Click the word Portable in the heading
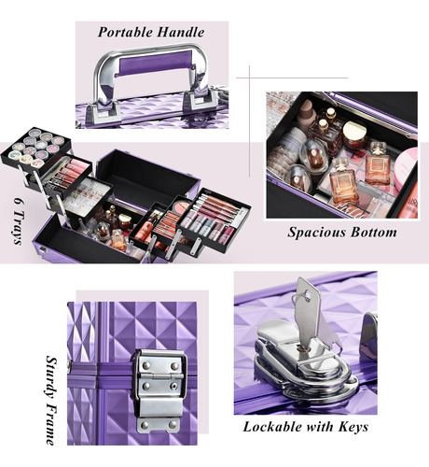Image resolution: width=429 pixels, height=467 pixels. click(125, 33)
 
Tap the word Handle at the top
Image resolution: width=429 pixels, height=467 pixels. click(181, 32)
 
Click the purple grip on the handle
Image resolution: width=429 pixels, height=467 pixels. click(156, 63)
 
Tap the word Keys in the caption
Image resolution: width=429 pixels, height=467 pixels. click(353, 427)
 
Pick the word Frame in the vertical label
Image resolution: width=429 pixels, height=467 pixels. click(51, 424)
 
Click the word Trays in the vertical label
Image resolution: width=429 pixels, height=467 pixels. click(19, 228)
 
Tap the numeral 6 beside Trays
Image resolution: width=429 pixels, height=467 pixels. click(18, 202)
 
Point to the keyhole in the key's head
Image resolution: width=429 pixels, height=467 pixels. click(308, 294)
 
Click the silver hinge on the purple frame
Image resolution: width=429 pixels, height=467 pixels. click(159, 391)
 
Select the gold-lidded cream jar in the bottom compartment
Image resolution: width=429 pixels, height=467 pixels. click(354, 134)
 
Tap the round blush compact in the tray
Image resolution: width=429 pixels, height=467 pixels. click(181, 205)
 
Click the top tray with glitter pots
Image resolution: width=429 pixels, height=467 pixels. click(36, 148)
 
